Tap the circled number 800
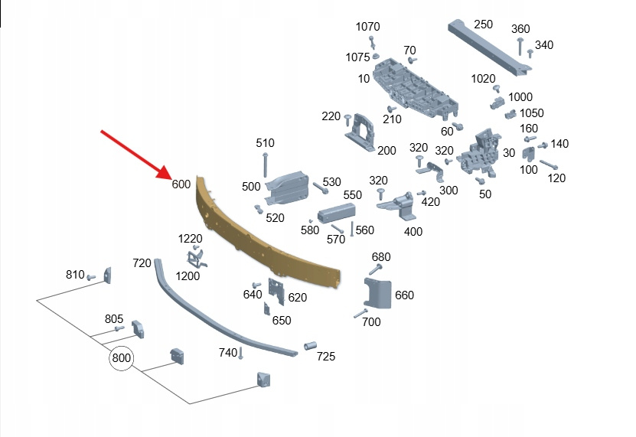point(121,357)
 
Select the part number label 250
point(483,24)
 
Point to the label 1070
point(367,27)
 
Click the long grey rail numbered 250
point(490,50)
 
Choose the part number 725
point(326,357)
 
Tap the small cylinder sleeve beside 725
point(309,345)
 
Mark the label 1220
point(190,240)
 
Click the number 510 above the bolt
point(265,143)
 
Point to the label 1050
point(532,113)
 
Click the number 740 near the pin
point(228,352)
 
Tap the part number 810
point(75,274)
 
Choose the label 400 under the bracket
point(413,231)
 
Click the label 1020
point(483,79)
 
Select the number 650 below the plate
point(282,321)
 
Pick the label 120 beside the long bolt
point(556,178)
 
